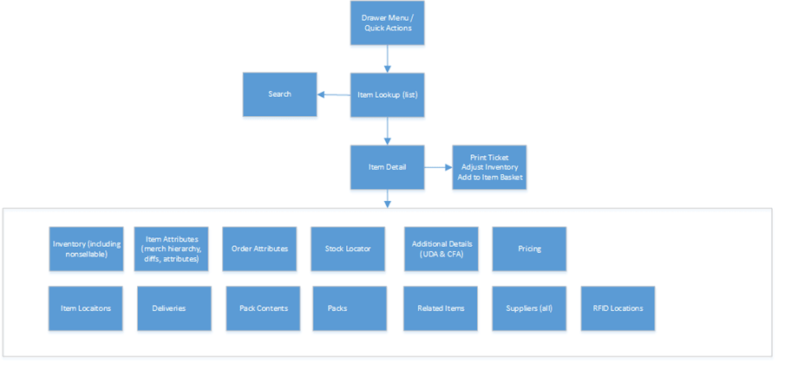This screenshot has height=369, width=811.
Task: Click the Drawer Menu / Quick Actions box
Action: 387,23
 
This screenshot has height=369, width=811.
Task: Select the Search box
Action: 279,94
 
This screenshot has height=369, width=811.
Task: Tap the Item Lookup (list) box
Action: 387,94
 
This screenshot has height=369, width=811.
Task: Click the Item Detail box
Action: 387,166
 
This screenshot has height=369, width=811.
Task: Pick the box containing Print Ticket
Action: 489,166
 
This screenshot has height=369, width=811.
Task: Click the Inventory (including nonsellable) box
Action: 86,249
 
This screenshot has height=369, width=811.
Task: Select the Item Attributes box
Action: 171,249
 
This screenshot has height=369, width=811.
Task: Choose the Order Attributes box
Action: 259,249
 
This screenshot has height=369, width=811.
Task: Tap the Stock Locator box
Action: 348,249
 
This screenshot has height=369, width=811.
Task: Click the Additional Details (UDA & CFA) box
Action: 441,249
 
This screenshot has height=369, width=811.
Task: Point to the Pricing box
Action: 529,249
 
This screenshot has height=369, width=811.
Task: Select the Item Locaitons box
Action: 86,308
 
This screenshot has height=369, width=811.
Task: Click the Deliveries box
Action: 173,308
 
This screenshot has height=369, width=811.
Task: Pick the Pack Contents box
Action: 263,308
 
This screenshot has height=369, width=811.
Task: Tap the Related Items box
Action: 441,308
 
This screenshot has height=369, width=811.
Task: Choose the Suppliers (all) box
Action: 529,308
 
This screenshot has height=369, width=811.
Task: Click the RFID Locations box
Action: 618,308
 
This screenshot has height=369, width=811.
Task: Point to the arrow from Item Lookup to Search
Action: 333,94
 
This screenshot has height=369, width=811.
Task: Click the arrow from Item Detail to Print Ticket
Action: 438,166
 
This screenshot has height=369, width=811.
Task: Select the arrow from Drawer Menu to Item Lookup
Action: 387,59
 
